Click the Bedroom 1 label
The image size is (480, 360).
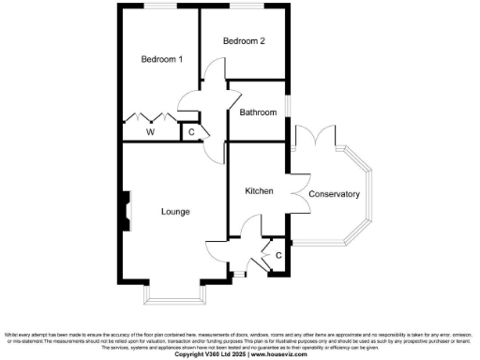(161, 60)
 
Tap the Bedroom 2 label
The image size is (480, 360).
(244, 41)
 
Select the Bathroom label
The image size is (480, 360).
(258, 112)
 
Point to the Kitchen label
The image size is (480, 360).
(259, 191)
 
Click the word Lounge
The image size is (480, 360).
(175, 212)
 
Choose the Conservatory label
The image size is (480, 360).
(334, 194)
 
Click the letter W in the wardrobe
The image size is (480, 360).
(149, 132)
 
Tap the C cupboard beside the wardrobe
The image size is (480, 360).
(191, 132)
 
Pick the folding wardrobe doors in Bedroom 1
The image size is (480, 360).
(148, 118)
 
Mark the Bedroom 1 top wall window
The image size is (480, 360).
(157, 7)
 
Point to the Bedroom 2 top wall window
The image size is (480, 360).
(243, 7)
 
